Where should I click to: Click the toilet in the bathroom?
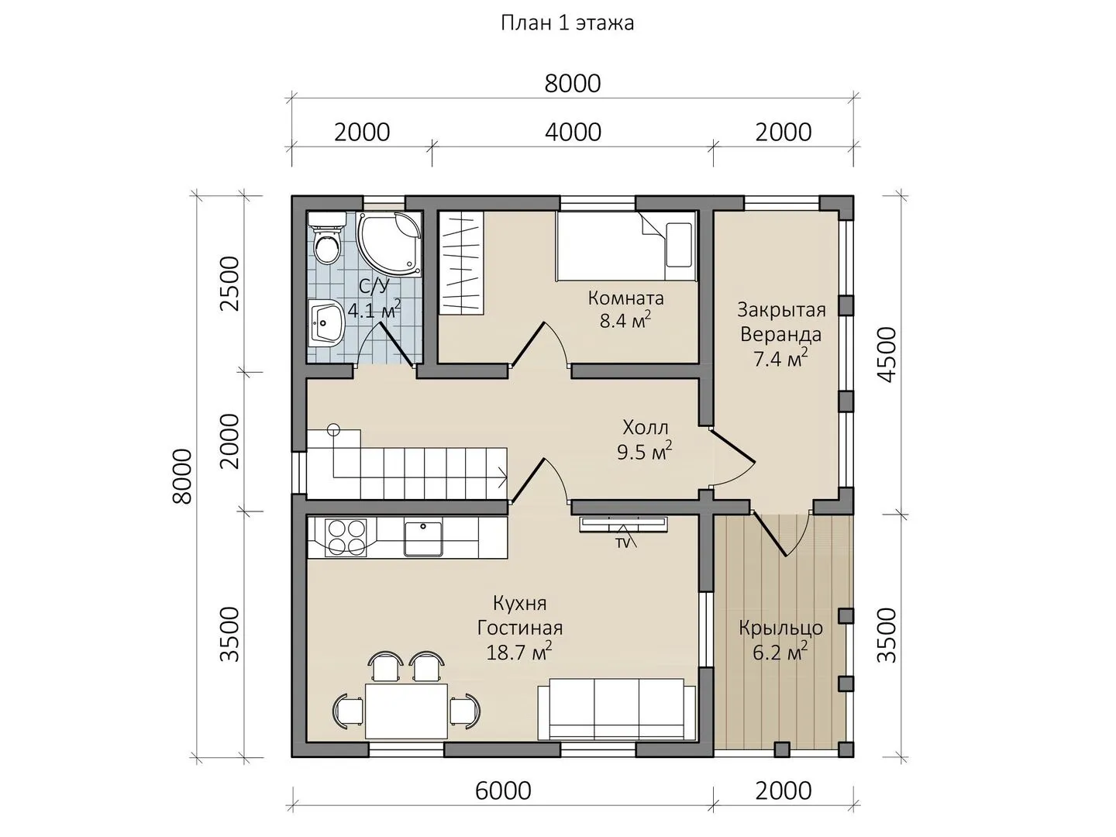tap(327, 237)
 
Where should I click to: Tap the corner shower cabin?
tap(391, 244)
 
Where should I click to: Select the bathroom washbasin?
tap(326, 322)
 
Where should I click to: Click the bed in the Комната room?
tap(626, 246)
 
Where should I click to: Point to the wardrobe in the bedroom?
tap(461, 263)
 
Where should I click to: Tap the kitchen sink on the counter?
tap(423, 537)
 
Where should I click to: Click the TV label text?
tap(623, 542)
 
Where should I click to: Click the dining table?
tap(407, 711)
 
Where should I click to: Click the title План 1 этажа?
tap(567, 23)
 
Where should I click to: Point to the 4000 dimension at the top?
tap(573, 132)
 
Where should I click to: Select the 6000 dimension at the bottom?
tap(503, 790)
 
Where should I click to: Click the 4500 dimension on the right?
tap(887, 355)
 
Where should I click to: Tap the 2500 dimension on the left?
tap(230, 284)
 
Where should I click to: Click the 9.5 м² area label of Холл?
tap(644, 451)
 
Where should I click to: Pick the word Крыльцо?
tap(780, 628)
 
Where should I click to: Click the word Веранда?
tap(780, 334)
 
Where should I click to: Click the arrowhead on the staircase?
tap(503, 477)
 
